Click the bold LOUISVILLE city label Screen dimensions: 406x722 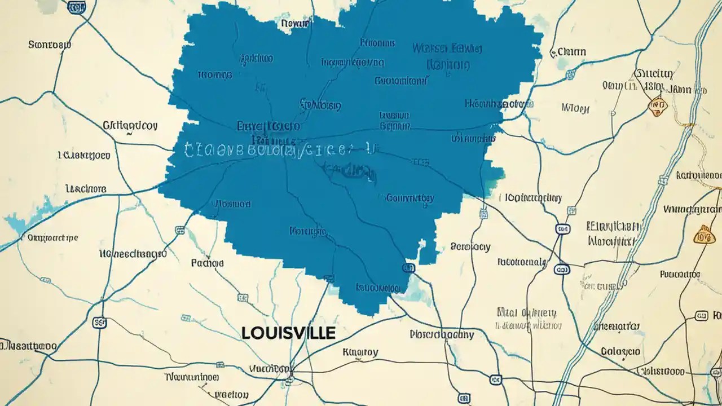tap(288, 332)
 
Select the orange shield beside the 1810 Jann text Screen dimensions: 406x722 tap(656, 105)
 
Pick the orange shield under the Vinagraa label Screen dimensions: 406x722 tap(705, 234)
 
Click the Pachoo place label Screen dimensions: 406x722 tap(207, 263)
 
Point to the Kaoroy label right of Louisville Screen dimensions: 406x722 tap(360, 352)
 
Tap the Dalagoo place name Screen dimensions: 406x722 tap(620, 351)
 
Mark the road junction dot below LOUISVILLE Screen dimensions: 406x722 tap(290, 374)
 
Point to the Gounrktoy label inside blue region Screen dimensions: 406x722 tap(410, 198)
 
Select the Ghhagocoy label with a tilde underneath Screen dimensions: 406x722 tap(130, 125)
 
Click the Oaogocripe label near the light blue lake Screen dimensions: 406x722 tap(52, 238)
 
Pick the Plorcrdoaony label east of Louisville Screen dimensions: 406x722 tap(442, 334)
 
